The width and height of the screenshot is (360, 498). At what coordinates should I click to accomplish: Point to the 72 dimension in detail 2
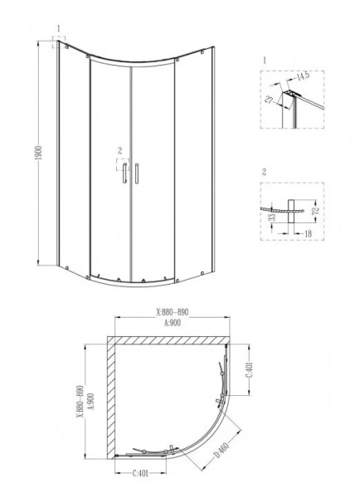(x=315, y=213)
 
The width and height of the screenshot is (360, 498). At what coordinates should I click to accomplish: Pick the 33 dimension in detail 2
(x=271, y=219)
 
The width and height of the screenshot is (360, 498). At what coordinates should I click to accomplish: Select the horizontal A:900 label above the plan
(x=172, y=324)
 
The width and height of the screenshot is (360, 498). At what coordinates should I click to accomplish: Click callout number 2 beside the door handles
(x=120, y=150)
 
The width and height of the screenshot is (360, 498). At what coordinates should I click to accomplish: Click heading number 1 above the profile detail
(x=263, y=61)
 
